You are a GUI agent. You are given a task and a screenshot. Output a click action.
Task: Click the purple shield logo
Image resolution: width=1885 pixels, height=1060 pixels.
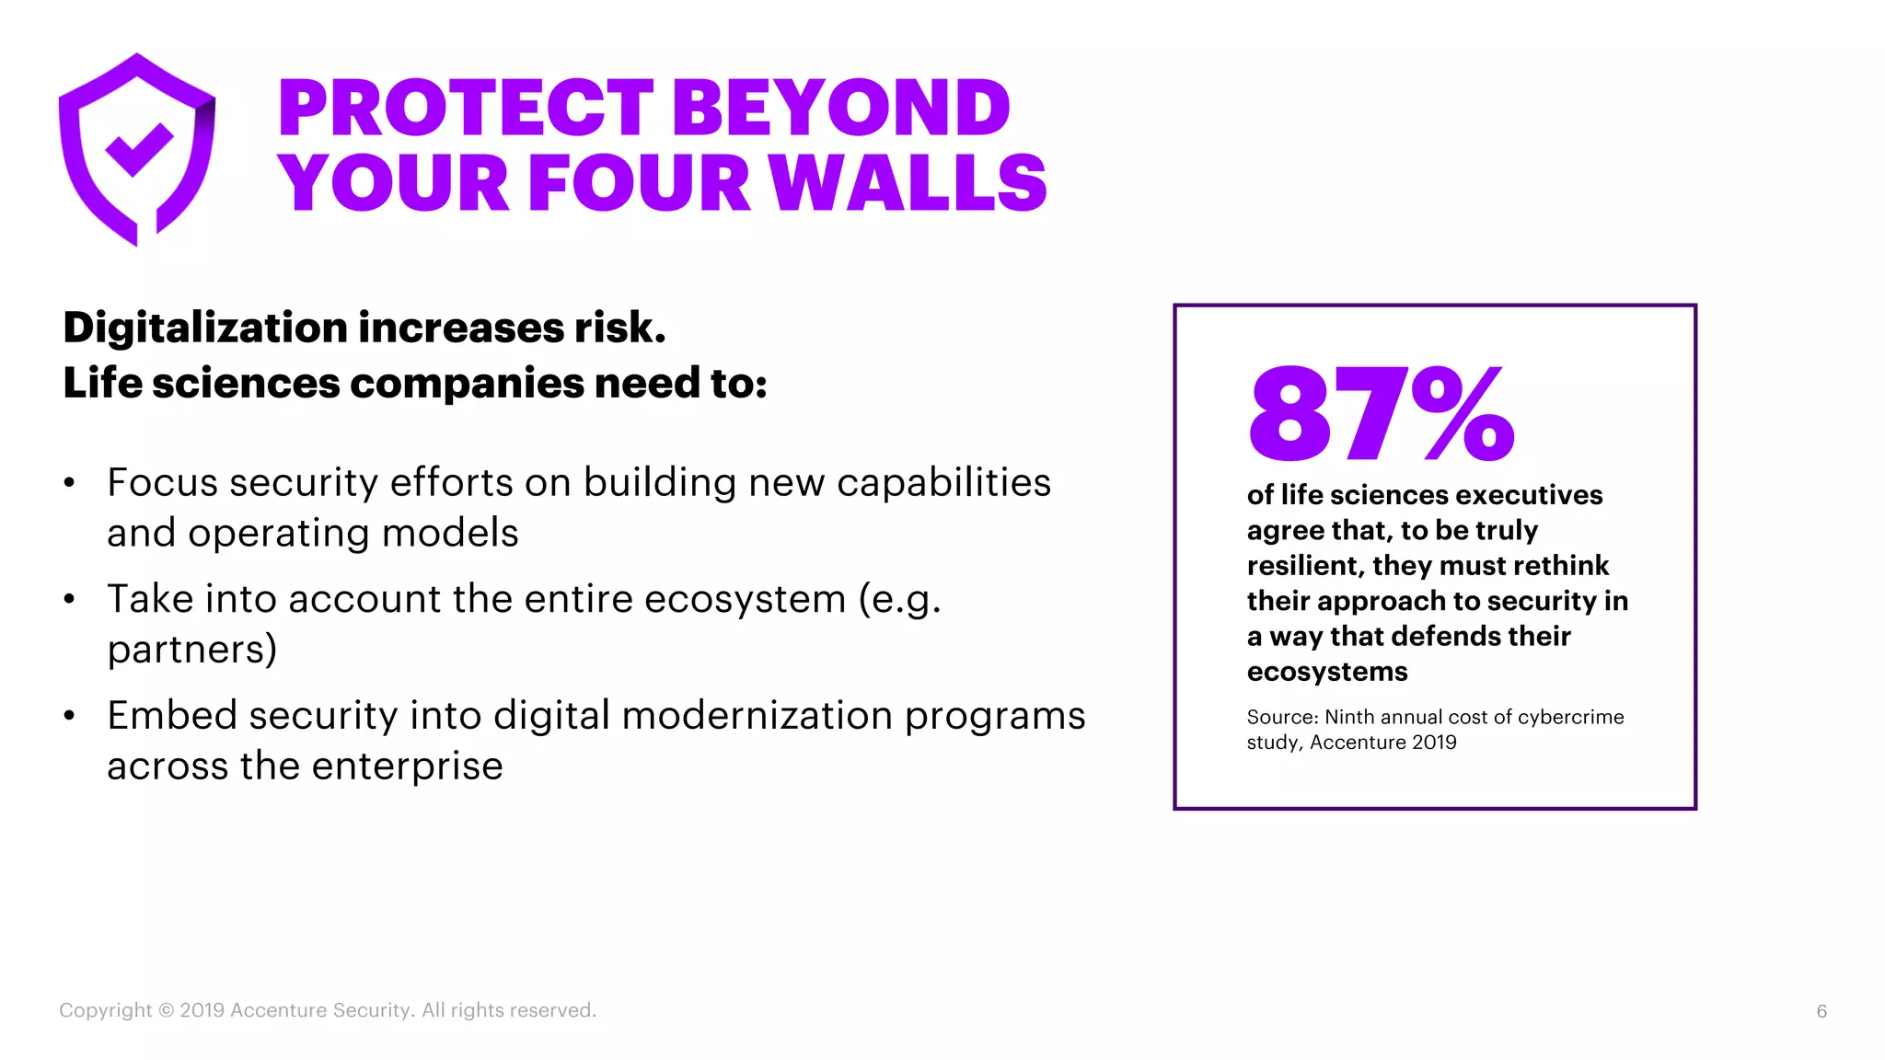pos(137,150)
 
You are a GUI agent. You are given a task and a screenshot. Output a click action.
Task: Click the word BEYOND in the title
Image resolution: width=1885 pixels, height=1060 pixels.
pos(841,108)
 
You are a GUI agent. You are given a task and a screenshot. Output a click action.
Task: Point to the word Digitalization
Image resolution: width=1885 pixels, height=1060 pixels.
pos(204,328)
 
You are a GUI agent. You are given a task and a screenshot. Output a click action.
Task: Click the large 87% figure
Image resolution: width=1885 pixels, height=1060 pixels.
pos(1381,413)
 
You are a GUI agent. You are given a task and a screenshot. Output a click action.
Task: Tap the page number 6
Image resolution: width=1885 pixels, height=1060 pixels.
pos(1821,1011)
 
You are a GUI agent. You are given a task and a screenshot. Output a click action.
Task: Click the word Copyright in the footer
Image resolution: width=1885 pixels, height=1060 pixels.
pos(106,1010)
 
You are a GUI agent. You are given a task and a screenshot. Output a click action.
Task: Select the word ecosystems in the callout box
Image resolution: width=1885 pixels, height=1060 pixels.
pos(1327,672)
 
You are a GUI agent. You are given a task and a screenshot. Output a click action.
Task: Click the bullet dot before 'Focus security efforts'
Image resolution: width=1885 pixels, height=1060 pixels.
pos(69,483)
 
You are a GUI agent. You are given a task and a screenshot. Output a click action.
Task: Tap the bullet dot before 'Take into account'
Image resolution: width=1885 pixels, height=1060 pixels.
pos(69,600)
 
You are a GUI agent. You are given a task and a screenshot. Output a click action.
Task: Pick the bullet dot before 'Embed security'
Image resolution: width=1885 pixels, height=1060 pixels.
pos(69,716)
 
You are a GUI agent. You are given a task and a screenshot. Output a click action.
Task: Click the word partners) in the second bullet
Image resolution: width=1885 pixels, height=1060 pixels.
pos(192,650)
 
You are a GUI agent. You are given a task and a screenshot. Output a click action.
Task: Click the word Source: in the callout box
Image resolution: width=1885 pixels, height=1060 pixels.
pos(1282,717)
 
